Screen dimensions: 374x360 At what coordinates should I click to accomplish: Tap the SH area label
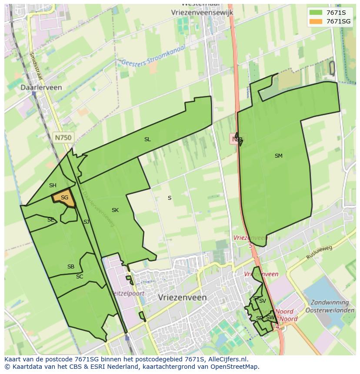pos(53,185)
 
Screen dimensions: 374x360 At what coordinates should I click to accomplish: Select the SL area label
pos(147,139)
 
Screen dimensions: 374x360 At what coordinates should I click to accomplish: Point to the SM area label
pos(279,156)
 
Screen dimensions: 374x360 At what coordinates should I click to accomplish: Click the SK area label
pos(115,210)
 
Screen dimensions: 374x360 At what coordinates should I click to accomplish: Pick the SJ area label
pos(87,222)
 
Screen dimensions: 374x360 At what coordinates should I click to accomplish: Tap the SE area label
pos(51,220)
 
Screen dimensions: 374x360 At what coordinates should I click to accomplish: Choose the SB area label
pos(71,267)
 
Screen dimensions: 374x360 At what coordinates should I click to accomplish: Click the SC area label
pos(80,277)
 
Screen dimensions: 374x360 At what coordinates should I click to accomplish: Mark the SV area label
pos(263,301)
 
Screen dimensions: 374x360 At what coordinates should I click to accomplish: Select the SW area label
pos(270,318)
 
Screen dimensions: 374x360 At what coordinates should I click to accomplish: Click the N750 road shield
pos(63,137)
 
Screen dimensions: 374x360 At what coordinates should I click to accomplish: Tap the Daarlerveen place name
pos(41,87)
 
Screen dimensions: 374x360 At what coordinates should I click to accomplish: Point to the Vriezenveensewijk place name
pos(202,13)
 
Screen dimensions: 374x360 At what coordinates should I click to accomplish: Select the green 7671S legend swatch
pos(315,12)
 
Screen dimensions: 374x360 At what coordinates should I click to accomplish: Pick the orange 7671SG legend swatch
pos(315,21)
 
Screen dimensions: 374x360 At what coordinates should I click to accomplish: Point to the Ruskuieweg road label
pos(319,252)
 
